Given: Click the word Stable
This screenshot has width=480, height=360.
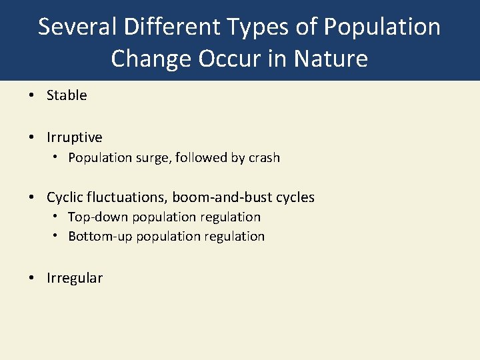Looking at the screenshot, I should tap(67, 95).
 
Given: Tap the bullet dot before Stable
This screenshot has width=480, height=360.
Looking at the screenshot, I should tap(33, 95).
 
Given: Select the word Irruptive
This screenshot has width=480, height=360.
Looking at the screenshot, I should tap(75, 137).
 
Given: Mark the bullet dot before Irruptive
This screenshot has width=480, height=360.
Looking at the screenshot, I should tap(33, 137).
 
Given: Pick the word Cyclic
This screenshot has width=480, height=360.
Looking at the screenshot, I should tap(65, 197).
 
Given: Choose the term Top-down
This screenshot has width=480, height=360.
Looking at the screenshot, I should tap(98, 217).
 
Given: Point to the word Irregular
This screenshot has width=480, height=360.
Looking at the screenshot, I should tap(75, 278).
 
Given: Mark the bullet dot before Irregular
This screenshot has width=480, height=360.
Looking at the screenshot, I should tap(33, 278).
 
